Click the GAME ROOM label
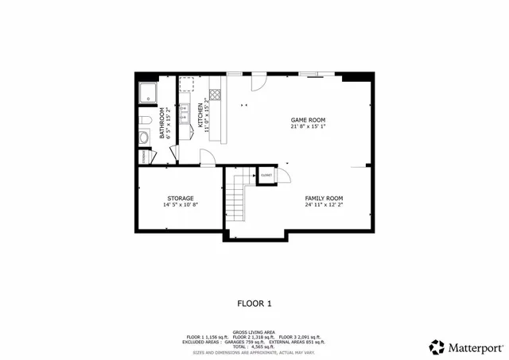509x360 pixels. tap(308, 119)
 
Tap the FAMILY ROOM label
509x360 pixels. tap(324, 198)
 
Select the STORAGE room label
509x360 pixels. tap(180, 198)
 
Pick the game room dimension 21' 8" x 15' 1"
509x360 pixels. tap(308, 126)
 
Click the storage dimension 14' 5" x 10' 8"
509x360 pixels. tap(180, 205)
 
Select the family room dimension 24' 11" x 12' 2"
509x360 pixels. tap(324, 205)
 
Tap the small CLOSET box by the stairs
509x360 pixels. tap(265, 175)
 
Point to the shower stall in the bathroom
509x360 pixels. tap(149, 92)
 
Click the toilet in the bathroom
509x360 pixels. tap(145, 120)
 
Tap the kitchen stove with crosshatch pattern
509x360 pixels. tap(215, 91)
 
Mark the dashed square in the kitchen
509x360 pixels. tap(187, 84)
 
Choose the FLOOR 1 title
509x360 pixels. tap(254, 303)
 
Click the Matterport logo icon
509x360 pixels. tap(437, 346)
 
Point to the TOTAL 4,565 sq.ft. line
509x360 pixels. tap(254, 346)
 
